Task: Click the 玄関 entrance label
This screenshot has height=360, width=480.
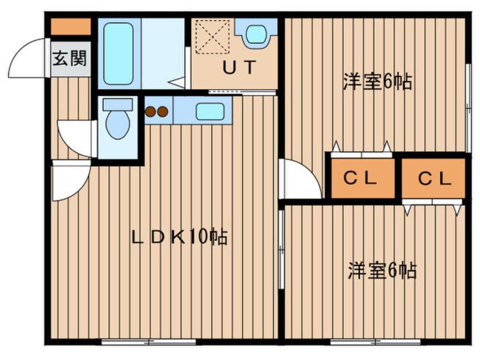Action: pos(70,58)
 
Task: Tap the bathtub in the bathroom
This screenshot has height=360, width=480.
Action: pos(119,53)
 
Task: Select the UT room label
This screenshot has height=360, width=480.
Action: pos(239,68)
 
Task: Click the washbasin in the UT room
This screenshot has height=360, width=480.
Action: pos(256,34)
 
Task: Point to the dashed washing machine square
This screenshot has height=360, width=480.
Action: pos(212,37)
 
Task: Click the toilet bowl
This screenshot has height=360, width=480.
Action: pos(118,124)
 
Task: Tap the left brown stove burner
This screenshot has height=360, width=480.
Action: pos(150,112)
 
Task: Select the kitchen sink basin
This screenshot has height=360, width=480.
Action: pos(210,111)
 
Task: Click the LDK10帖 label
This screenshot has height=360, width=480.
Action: pos(180,237)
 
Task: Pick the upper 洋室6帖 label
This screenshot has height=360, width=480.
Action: pos(377,82)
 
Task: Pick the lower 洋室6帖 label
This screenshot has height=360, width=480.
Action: pos(382,270)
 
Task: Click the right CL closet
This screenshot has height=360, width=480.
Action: pos(433,178)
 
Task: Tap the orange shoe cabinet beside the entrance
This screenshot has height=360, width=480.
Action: pos(71,27)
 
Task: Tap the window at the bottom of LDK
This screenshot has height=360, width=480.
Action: pos(149,342)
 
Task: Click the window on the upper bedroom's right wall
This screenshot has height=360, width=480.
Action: pos(468,108)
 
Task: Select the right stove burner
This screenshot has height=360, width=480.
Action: pos(162,112)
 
